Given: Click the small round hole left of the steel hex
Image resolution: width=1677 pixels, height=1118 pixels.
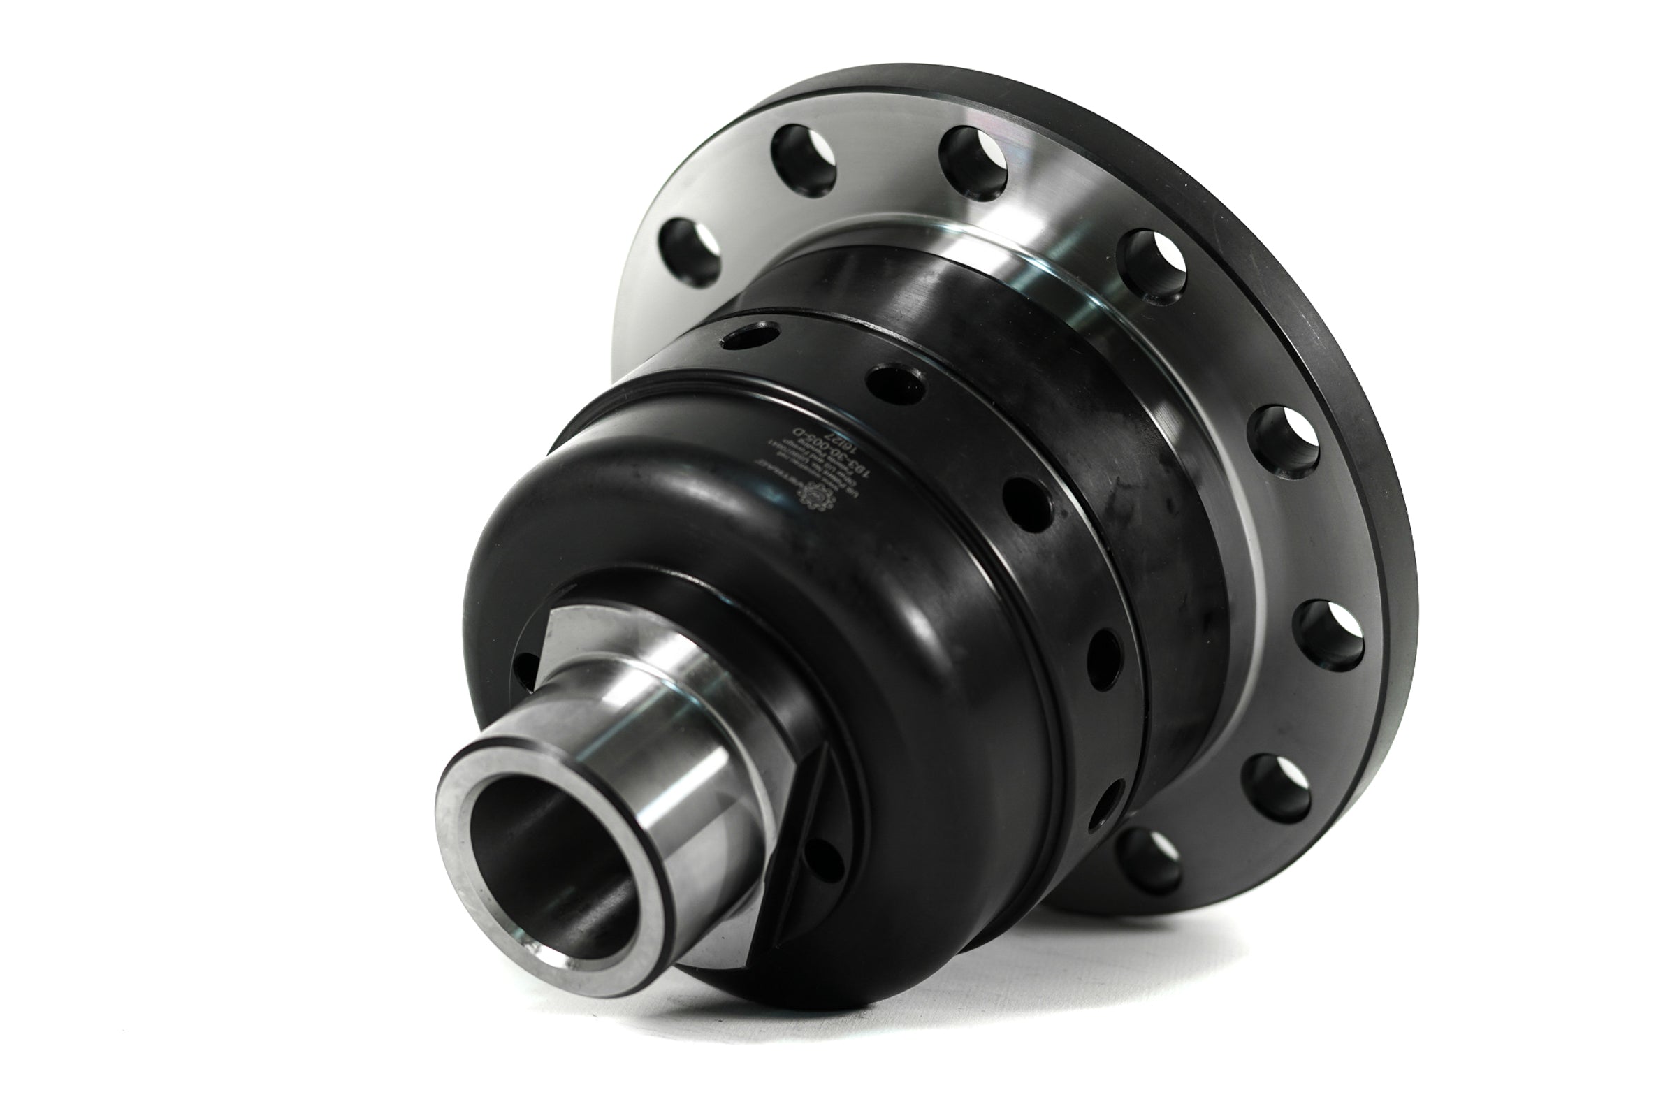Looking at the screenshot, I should (526, 671).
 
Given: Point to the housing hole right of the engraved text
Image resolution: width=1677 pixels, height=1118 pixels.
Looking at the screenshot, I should (896, 383).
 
